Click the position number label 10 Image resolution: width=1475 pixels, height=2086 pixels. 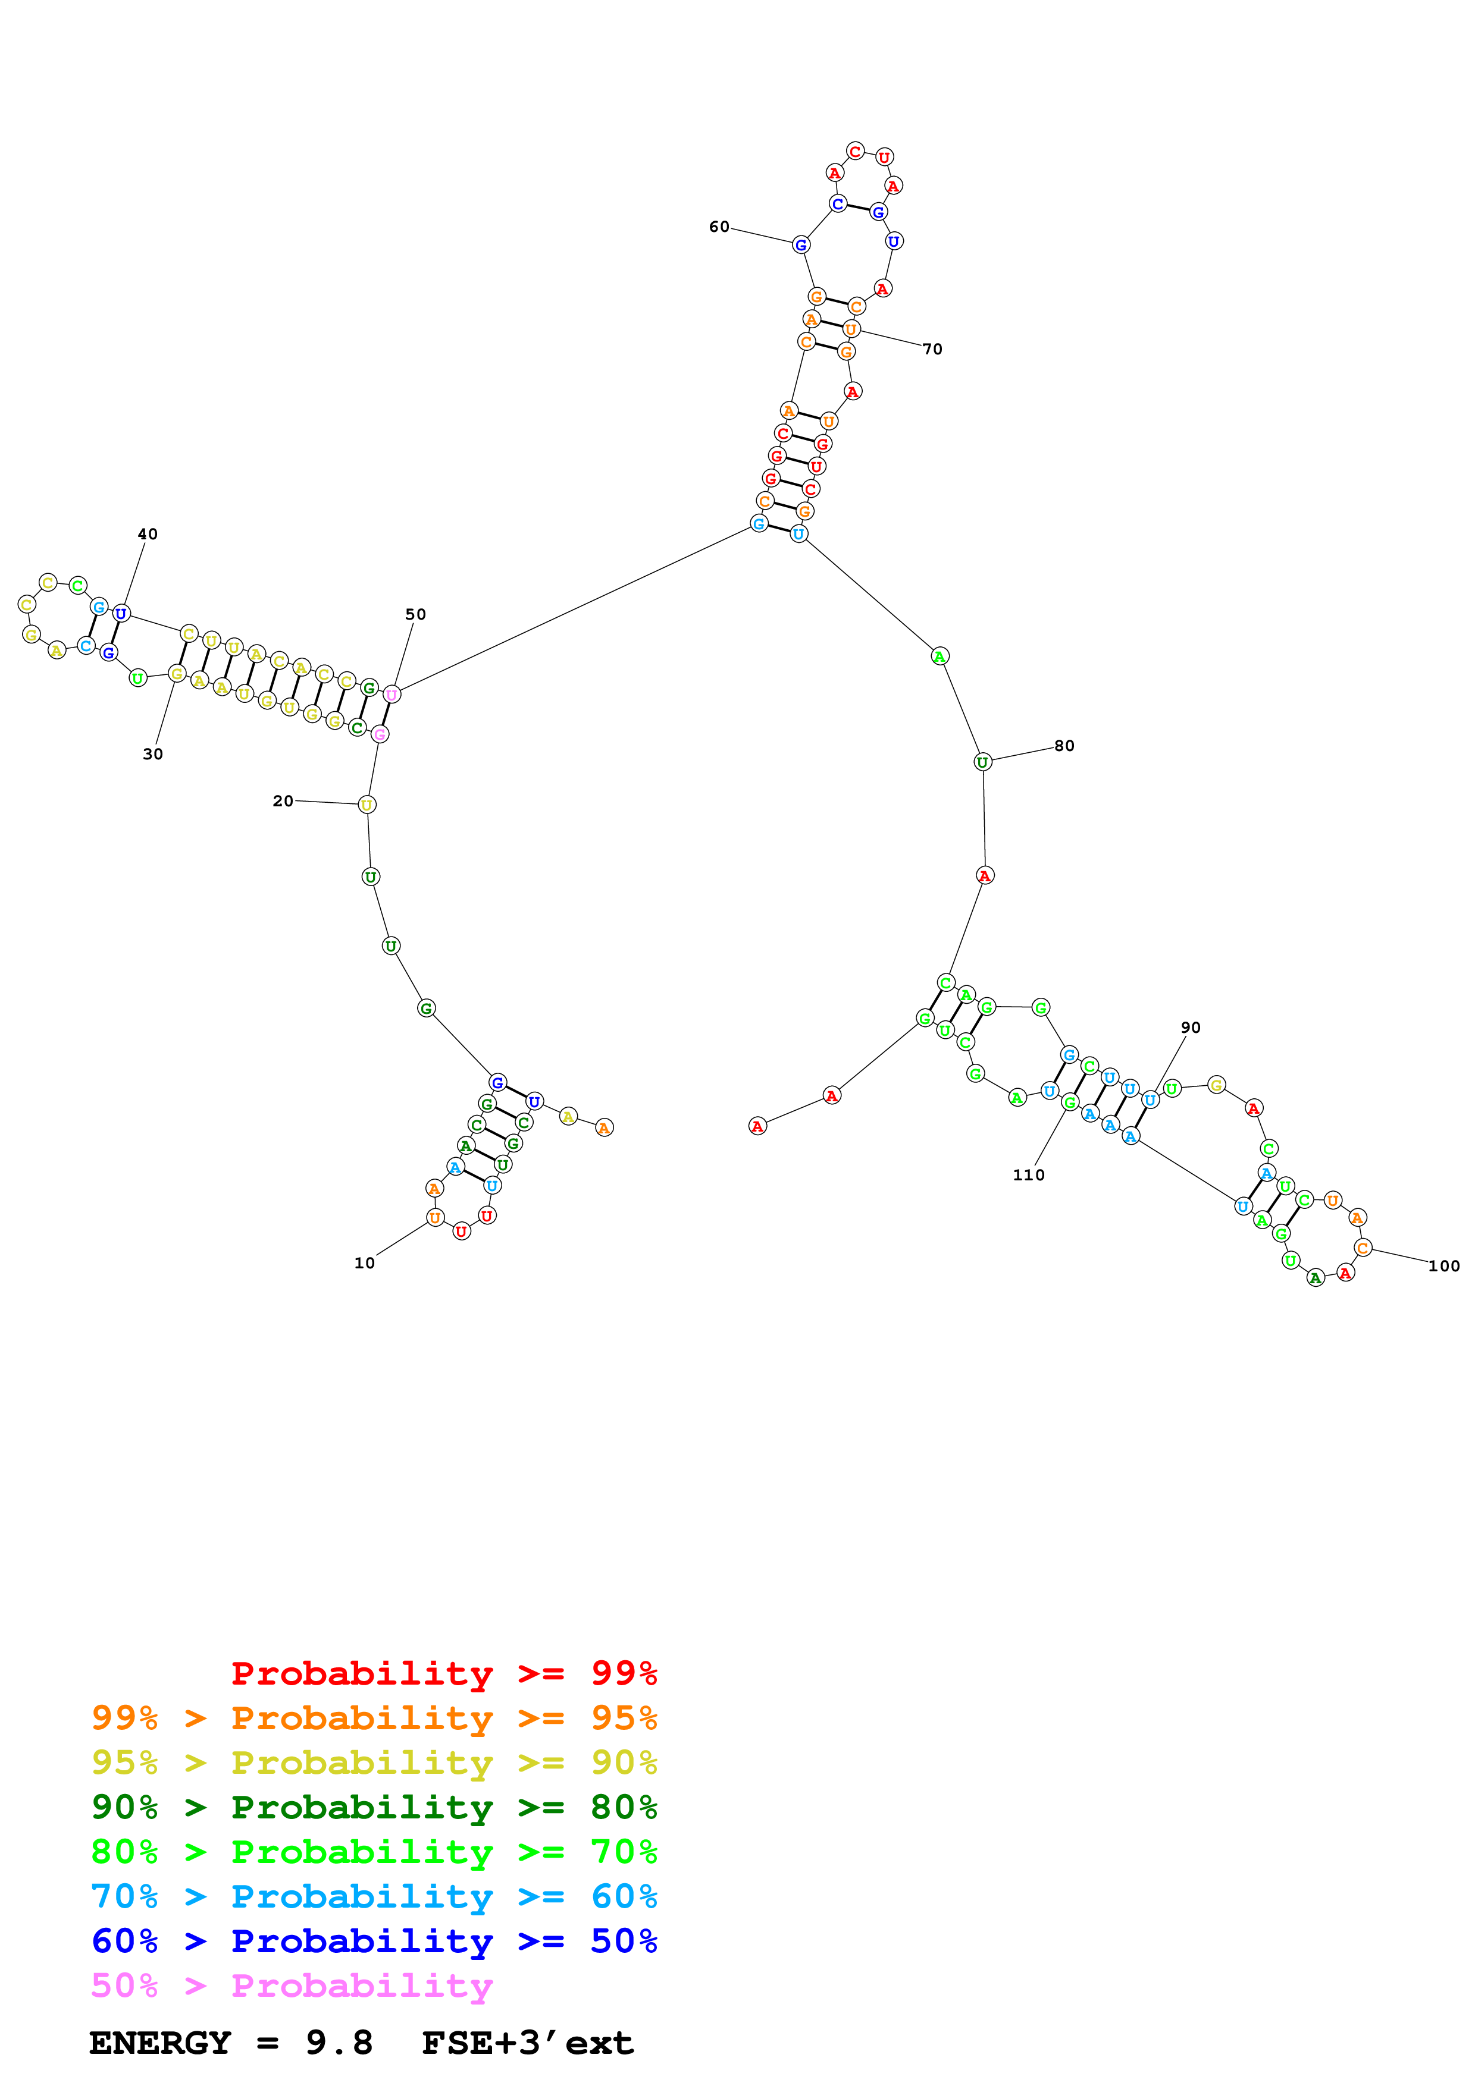pyautogui.click(x=364, y=1263)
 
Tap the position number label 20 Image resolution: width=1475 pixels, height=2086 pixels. pyautogui.click(x=283, y=800)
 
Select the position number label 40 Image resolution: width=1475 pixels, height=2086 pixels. pyautogui.click(x=147, y=534)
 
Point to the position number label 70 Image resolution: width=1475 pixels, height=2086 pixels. pyautogui.click(x=932, y=349)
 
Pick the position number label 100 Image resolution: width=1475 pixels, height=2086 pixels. pyautogui.click(x=1443, y=1265)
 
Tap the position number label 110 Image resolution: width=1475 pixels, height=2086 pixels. pyautogui.click(x=1029, y=1175)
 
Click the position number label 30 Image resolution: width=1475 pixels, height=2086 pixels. pyautogui.click(x=153, y=754)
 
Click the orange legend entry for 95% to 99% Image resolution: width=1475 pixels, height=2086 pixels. pyautogui.click(x=374, y=1718)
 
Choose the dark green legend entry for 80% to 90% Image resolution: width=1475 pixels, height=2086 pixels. pyautogui.click(x=374, y=1807)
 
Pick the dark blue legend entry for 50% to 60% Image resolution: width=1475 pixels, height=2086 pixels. pyautogui.click(x=374, y=1941)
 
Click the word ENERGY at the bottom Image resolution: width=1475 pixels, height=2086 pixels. pyautogui.click(x=160, y=2043)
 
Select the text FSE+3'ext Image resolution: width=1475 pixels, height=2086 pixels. pyautogui.click(x=527, y=2043)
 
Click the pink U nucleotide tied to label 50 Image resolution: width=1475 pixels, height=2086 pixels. pyautogui.click(x=392, y=694)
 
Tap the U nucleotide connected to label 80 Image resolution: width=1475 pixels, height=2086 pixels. pyautogui.click(x=982, y=762)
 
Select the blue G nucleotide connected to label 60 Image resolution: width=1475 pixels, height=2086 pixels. pyautogui.click(x=801, y=244)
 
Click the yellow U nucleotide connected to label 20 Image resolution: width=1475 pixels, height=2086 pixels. pyautogui.click(x=367, y=805)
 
